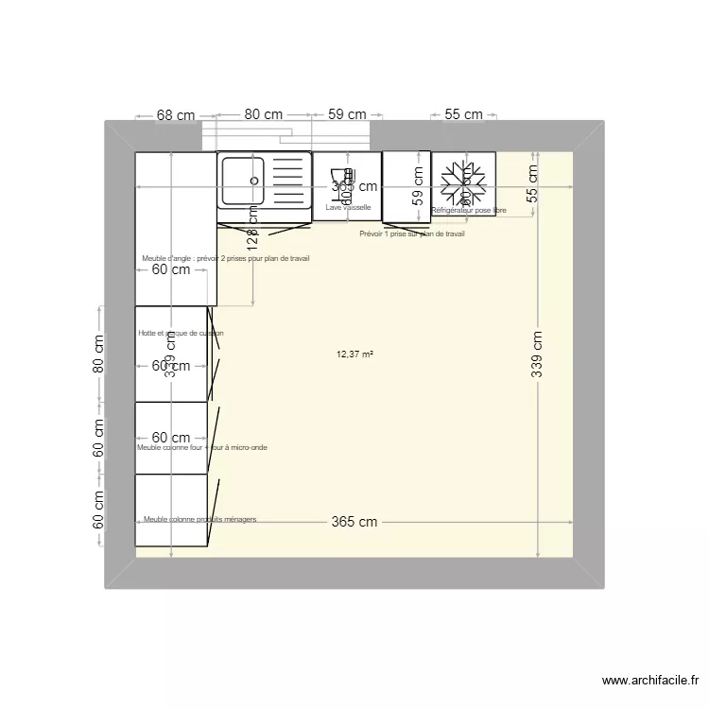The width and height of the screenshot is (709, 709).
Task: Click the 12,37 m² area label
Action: [354, 354]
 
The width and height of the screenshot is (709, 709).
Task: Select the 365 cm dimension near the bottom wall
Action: [354, 522]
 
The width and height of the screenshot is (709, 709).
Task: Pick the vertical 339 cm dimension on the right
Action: [537, 354]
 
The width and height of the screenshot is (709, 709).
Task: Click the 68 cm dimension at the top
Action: [176, 115]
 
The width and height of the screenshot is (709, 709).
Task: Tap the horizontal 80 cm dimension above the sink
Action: [264, 114]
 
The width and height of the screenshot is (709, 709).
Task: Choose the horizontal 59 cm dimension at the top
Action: [347, 114]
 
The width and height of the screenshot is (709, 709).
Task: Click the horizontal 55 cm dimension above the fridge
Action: [463, 114]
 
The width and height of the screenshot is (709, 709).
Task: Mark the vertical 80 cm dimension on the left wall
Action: [98, 354]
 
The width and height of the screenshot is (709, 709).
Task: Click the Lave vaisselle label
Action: [348, 207]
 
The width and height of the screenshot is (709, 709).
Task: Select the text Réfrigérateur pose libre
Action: [469, 211]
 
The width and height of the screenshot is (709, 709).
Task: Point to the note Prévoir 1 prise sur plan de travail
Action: [412, 233]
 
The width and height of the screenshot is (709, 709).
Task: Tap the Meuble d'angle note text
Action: [226, 258]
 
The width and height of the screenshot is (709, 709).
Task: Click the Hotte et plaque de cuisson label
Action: [181, 333]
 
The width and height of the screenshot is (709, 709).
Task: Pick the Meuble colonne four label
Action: [201, 447]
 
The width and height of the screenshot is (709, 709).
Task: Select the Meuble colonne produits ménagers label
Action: [199, 519]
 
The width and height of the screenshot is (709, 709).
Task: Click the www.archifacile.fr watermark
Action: [652, 680]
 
